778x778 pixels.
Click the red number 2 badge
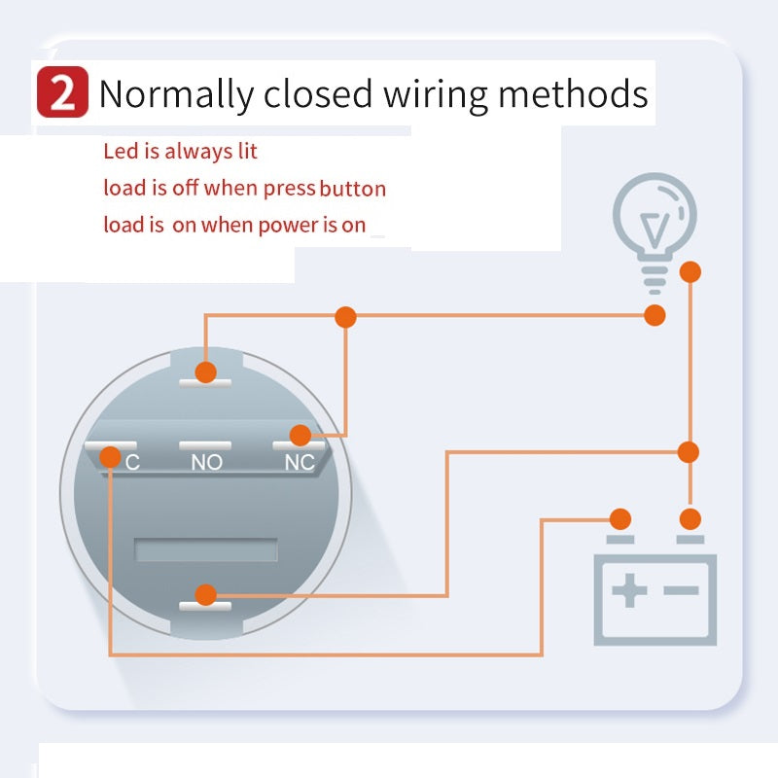62,94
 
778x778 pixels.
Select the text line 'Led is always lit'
180,152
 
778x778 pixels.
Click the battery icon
655,595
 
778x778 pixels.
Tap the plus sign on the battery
629,590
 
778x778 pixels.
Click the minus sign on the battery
682,590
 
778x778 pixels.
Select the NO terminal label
206,463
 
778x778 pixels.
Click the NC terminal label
300,463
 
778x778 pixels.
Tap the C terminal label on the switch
133,463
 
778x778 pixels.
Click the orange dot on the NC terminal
301,436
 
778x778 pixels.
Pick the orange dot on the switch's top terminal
205,371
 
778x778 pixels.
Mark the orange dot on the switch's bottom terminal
205,594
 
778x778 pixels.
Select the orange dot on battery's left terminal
619,518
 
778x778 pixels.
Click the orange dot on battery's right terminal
690,518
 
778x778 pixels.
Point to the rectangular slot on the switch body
205,550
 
